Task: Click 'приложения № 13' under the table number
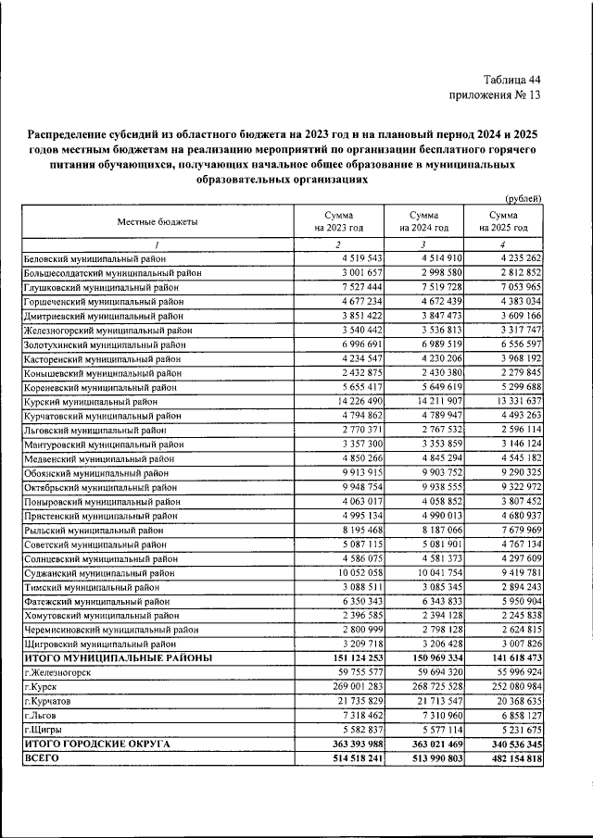[x=495, y=94]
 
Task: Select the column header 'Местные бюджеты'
[x=157, y=221]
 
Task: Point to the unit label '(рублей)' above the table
[x=523, y=199]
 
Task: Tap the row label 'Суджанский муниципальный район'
[x=98, y=573]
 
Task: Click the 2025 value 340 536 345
[x=509, y=744]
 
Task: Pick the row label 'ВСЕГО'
[x=42, y=757]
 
